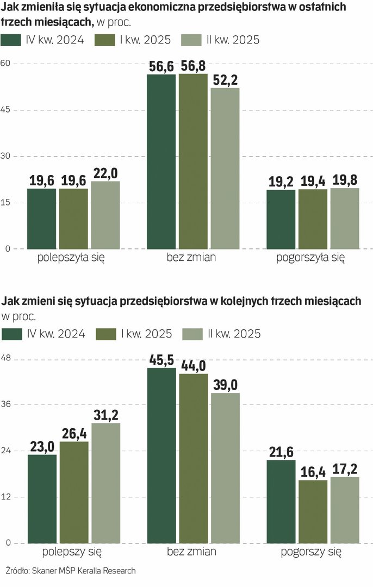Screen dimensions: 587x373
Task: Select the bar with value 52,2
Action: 225,168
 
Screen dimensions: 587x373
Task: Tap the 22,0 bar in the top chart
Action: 105,215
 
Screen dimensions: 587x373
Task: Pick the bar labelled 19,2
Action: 281,220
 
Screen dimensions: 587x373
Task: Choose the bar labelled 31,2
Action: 105,483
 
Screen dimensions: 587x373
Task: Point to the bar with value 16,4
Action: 313,511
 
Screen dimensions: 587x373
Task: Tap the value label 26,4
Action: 74,434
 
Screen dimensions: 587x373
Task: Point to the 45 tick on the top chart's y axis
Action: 8,110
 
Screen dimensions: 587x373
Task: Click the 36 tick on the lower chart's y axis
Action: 8,404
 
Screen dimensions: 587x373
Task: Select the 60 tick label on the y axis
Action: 8,64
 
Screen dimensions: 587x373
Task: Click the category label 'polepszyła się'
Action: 71,258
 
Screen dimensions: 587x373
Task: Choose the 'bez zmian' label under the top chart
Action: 191,258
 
